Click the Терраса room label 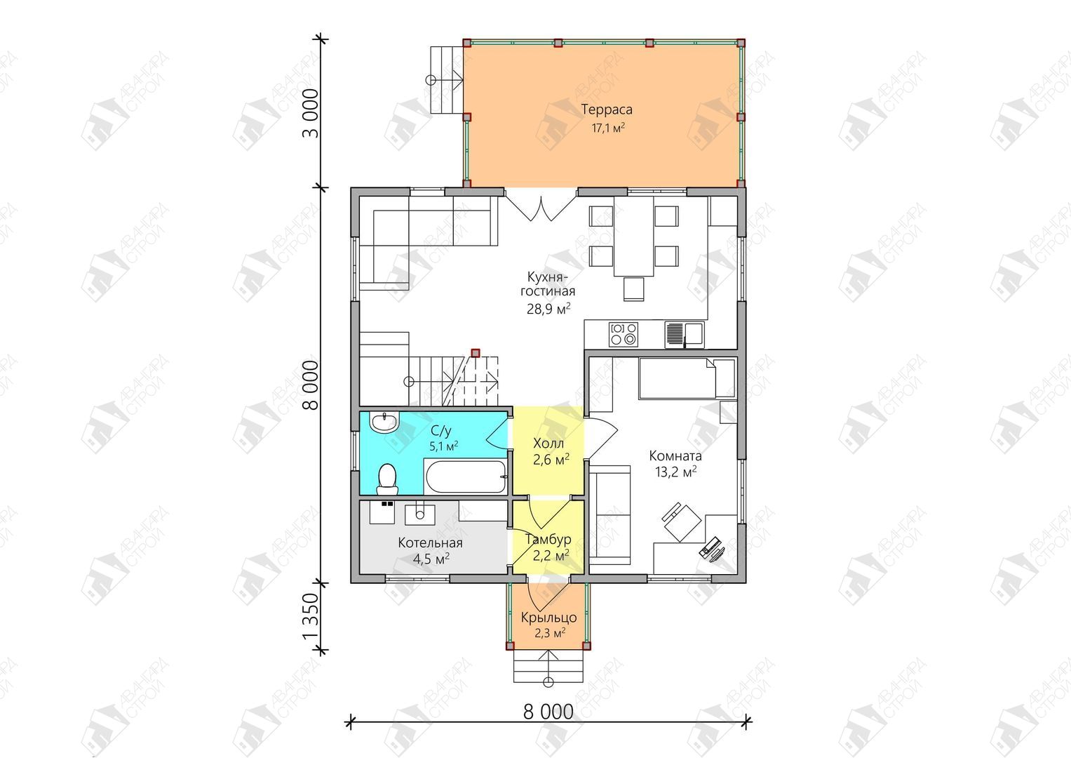[607, 109]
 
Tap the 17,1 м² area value [608, 128]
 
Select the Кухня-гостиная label [548, 284]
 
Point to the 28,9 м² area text [548, 309]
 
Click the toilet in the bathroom [386, 479]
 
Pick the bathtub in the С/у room [465, 477]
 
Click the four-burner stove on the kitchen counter [624, 334]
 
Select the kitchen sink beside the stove [685, 335]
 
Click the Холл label [548, 443]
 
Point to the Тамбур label [548, 540]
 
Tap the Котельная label [431, 543]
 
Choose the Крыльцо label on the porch [549, 618]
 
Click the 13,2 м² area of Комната [675, 472]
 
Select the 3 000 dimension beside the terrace [310, 114]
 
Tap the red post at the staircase [476, 353]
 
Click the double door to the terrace [541, 207]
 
